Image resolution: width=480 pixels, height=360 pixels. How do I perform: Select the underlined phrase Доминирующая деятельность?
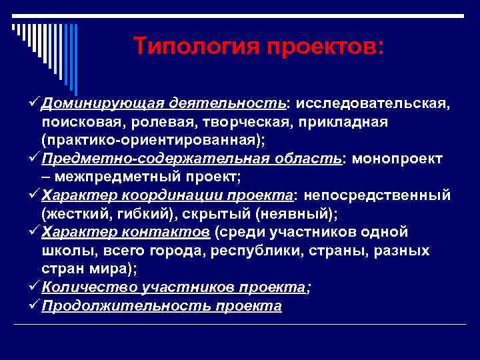click(x=163, y=105)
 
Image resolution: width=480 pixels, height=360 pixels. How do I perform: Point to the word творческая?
click(x=263, y=123)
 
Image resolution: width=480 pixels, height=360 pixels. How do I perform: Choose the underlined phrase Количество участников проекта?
click(x=173, y=287)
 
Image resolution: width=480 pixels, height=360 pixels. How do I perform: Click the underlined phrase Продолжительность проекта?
click(x=161, y=306)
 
